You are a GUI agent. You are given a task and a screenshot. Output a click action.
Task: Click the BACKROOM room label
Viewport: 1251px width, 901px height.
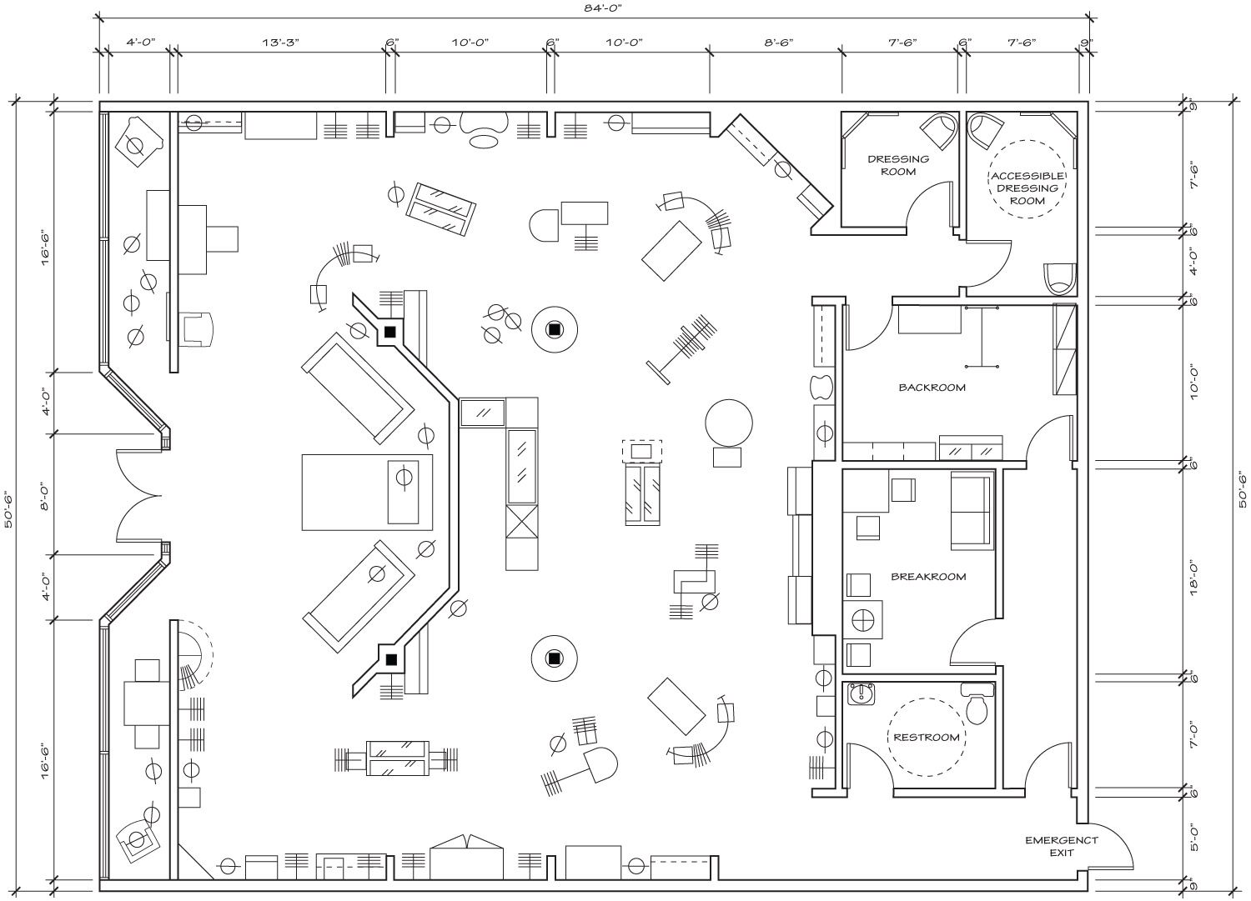(932, 387)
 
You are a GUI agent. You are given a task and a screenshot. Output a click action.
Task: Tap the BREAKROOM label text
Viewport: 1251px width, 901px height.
(928, 577)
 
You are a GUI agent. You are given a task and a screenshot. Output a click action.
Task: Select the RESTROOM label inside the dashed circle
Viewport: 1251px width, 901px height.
(926, 738)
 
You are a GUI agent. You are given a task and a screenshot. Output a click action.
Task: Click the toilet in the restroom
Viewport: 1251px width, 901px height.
(977, 703)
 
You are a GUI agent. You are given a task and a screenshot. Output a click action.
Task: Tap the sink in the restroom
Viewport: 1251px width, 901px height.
(862, 694)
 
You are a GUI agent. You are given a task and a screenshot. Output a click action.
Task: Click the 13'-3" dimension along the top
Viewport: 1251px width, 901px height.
(281, 42)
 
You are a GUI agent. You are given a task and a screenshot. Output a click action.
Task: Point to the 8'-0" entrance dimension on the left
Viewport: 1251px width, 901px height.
(46, 496)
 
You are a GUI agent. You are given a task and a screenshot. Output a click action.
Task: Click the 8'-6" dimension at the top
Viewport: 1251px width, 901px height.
(778, 42)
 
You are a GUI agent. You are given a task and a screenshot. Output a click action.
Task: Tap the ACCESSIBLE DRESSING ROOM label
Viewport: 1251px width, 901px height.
(1027, 188)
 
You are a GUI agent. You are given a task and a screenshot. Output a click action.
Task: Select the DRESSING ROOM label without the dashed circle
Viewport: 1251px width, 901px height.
(898, 165)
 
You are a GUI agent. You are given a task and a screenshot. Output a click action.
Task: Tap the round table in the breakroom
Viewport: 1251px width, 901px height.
(862, 619)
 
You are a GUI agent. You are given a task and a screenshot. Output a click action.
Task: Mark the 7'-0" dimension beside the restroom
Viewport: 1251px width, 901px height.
(1193, 736)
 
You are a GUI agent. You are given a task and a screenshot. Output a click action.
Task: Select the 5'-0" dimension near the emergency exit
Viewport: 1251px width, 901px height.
(1193, 853)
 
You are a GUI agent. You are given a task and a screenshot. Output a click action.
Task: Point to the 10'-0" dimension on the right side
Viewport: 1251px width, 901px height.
(1193, 383)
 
